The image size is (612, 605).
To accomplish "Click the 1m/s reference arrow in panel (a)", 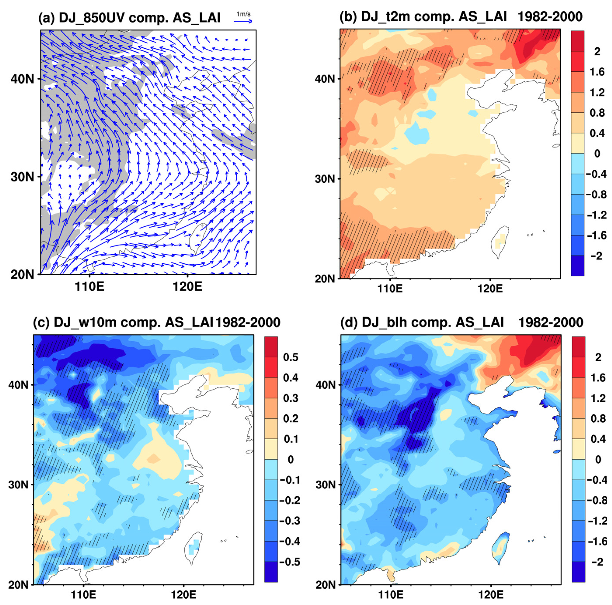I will tap(243, 21).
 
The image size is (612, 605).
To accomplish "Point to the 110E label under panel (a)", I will tap(89, 287).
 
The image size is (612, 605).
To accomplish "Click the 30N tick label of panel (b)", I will tap(325, 179).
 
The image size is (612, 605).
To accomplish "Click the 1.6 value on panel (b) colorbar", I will tap(597, 72).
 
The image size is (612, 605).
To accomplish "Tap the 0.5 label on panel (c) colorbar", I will tap(290, 357).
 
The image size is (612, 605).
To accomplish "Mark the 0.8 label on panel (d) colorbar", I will tap(598, 419).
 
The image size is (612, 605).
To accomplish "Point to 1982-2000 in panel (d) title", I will tap(550, 322).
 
